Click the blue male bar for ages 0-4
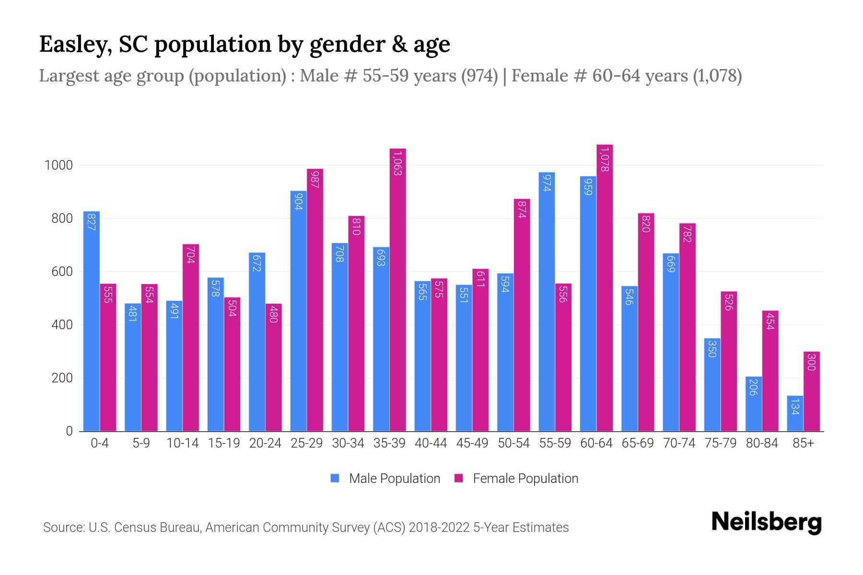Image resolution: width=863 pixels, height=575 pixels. pos(92,321)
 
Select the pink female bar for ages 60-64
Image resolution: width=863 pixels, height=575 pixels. pos(605,287)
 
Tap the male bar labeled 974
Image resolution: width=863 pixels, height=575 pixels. pos(547,302)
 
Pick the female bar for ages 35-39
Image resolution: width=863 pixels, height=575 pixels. pos(397,290)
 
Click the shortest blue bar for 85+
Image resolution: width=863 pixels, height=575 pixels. pos(795,414)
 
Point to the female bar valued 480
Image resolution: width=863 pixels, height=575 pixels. pos(273,367)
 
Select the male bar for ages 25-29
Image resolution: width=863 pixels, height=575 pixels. pos(298,311)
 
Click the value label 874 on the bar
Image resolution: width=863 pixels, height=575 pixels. pos(522,209)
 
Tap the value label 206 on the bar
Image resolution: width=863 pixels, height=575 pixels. pos(753,387)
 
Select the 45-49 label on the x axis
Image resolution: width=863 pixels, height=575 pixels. pos(472,443)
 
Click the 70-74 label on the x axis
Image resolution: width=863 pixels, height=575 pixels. pos(679,443)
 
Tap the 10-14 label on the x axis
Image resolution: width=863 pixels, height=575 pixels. pos(182,443)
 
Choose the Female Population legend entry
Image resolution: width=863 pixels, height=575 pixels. pos(516,479)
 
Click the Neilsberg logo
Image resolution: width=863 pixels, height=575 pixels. pos(766,523)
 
